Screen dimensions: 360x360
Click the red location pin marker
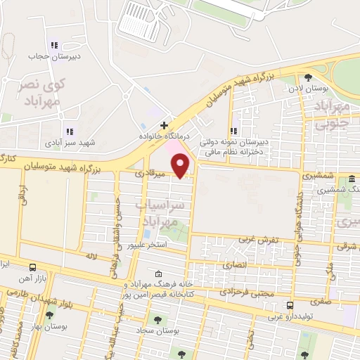[x=181, y=165]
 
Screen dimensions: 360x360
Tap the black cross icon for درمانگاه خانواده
[x=164, y=125]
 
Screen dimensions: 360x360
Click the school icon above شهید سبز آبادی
[x=69, y=131]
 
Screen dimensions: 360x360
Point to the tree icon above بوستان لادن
[x=308, y=78]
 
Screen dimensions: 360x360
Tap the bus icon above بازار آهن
[x=33, y=267]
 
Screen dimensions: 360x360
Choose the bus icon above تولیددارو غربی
[x=290, y=305]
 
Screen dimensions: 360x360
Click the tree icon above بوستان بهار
[x=49, y=314]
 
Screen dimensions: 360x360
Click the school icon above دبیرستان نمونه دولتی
[x=234, y=130]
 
